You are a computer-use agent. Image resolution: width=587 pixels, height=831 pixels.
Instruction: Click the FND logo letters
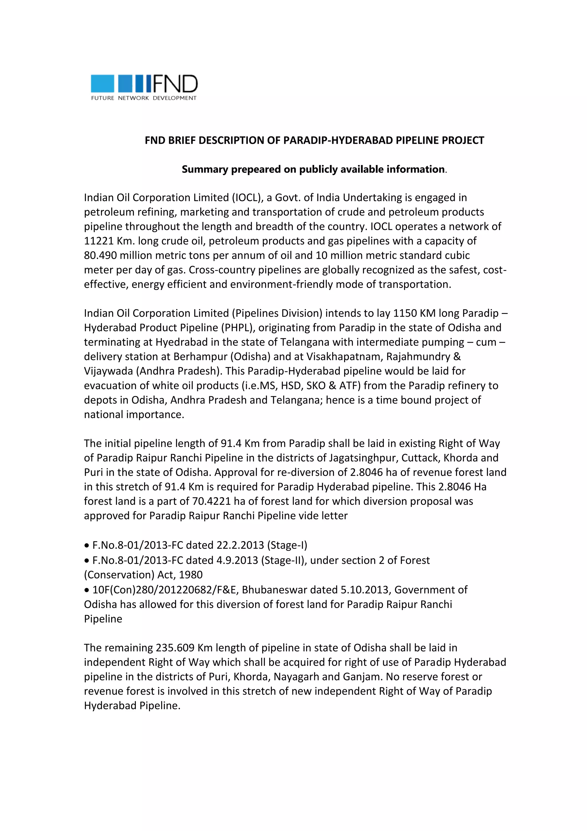pos(175,84)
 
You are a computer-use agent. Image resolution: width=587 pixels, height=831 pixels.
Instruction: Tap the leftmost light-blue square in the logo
pos(102,84)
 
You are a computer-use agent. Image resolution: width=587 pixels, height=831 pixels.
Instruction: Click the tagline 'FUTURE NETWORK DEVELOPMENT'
pos(144,98)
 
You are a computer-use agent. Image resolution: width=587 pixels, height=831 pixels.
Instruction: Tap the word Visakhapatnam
pos(345,357)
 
